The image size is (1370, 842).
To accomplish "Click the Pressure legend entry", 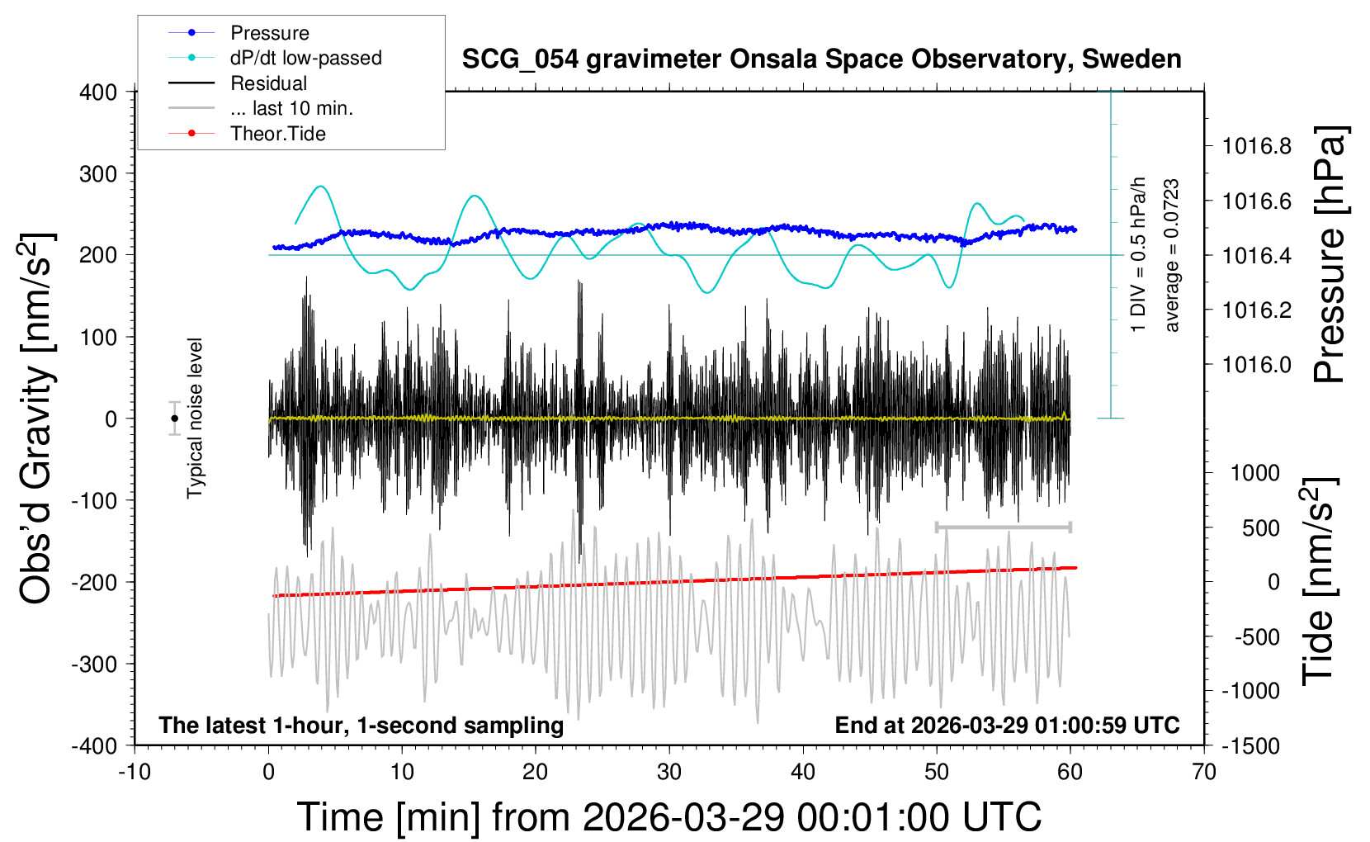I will (x=269, y=33).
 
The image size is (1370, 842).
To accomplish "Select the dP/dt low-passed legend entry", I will (x=305, y=58).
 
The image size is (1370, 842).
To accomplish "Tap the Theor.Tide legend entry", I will (x=277, y=134).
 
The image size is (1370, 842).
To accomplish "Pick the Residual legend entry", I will (x=268, y=83).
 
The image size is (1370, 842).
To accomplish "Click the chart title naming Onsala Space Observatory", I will (x=821, y=59).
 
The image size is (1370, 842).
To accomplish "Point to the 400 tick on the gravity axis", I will (x=98, y=92).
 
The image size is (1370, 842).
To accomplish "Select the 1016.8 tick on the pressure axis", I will (x=1257, y=147).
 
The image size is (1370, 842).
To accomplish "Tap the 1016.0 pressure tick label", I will (x=1257, y=365).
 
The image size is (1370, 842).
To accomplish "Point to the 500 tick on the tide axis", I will (x=1260, y=528).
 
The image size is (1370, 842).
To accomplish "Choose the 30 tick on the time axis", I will (x=669, y=773).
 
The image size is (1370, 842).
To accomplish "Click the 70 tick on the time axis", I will (x=1204, y=773).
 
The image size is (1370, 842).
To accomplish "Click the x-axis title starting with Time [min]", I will (x=669, y=817).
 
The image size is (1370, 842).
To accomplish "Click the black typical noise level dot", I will (x=175, y=419).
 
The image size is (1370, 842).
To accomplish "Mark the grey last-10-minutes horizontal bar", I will (x=1003, y=527).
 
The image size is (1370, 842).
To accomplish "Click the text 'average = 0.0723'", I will (x=1171, y=256).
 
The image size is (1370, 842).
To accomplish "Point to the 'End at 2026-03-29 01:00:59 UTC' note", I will (x=1007, y=726).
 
